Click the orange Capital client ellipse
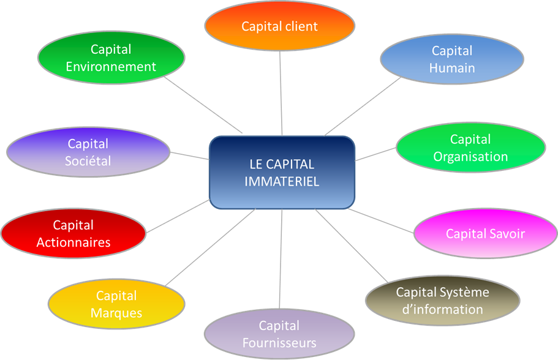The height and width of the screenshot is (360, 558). click(279, 26)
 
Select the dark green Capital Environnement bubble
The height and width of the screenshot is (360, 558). click(111, 58)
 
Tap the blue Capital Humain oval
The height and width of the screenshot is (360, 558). click(452, 59)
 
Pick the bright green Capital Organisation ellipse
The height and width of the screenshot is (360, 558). click(470, 148)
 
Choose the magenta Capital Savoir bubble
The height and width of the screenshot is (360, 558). click(485, 233)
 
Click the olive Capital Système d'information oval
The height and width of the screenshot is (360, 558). click(442, 300)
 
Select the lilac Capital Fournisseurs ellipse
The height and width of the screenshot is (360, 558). click(279, 334)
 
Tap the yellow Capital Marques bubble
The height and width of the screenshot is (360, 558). click(116, 304)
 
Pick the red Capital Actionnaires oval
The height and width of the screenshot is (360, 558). click(74, 233)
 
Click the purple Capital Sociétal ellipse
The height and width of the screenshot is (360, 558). click(88, 152)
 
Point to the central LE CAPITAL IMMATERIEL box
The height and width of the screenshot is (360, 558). click(282, 173)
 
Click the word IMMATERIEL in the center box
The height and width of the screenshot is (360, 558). click(282, 181)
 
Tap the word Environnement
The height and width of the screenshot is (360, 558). click(111, 67)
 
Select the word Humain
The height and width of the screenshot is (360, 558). click(452, 68)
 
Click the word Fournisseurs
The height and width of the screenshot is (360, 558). click(279, 343)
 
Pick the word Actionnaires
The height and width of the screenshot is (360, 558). click(74, 242)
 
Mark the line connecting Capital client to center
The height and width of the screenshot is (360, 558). click(281, 93)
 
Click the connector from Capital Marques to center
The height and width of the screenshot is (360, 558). click(210, 247)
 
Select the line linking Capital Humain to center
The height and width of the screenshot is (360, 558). click(362, 107)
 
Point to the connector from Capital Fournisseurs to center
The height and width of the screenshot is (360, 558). click(281, 259)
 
